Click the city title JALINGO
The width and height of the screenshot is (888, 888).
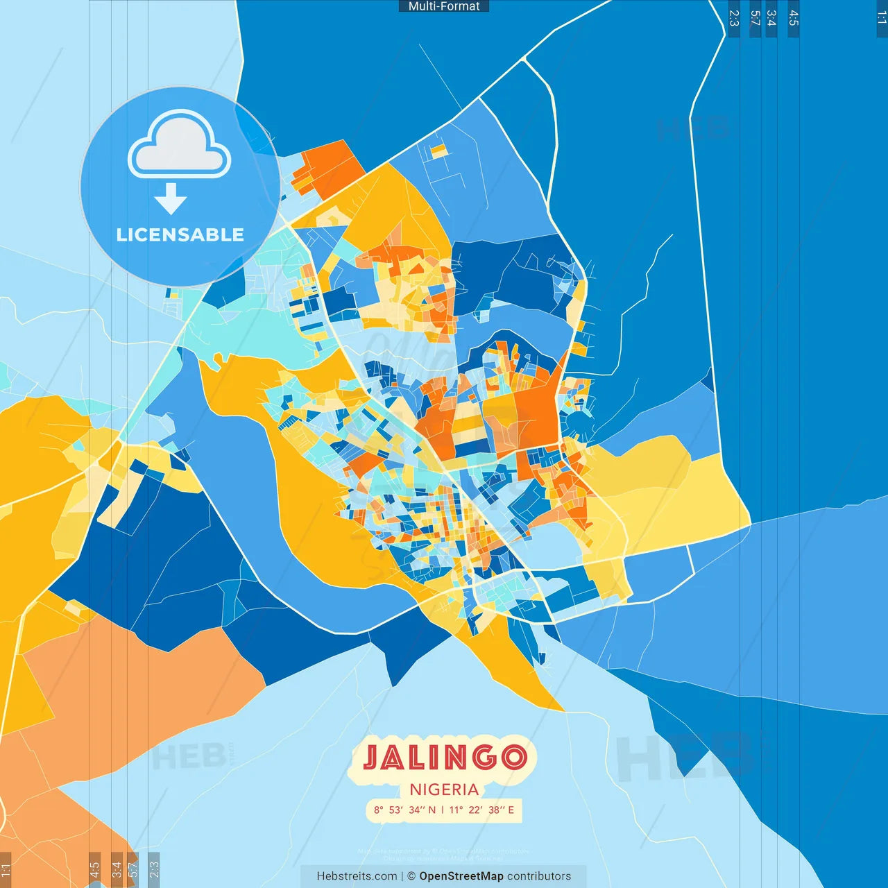(444, 758)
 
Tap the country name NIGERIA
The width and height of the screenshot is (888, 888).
(444, 789)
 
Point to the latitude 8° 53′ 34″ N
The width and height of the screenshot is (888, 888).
(404, 810)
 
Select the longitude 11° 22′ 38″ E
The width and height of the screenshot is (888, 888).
(482, 810)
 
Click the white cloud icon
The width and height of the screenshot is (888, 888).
(180, 146)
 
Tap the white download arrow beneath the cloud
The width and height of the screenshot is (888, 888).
(171, 198)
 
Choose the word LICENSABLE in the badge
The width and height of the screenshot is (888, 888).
(180, 234)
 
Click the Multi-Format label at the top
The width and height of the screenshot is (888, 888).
(444, 6)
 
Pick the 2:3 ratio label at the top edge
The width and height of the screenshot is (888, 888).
(734, 18)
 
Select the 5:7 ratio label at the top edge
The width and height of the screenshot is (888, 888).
(755, 18)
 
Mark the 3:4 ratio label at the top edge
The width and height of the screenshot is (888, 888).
(771, 18)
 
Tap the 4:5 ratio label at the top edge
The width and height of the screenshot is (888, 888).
(793, 18)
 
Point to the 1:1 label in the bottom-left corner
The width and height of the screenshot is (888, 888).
(6, 871)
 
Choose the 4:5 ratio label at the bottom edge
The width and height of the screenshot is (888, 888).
(94, 869)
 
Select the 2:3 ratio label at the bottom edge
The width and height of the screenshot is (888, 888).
(154, 869)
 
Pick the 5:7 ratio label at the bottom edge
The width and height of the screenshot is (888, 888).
(133, 869)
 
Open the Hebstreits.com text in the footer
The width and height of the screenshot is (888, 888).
(357, 876)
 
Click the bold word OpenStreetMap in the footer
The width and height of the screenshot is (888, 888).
(461, 876)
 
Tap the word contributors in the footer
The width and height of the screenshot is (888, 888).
(539, 876)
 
